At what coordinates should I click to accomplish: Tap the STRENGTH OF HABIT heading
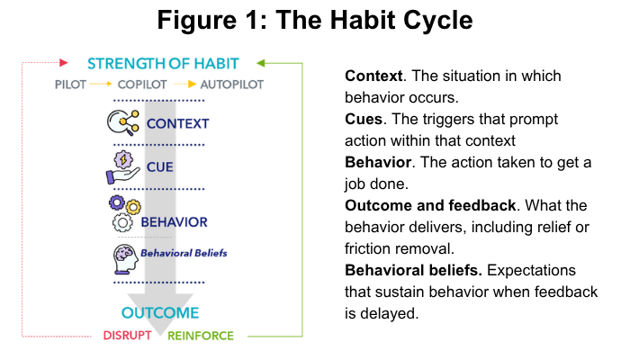163,63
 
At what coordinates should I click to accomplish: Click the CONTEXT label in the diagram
176,123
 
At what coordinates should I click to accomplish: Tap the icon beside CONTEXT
127,121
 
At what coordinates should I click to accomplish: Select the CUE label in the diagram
159,166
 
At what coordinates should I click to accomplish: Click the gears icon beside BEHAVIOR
126,214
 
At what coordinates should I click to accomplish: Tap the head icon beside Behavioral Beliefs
126,256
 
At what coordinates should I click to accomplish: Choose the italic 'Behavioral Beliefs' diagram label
183,253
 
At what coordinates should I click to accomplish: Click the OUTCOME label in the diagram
160,313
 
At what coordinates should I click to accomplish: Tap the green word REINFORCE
200,336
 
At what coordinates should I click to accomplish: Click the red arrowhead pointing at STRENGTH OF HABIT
64,63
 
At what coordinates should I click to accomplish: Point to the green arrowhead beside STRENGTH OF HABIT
259,63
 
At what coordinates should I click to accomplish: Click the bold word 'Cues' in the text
364,119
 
